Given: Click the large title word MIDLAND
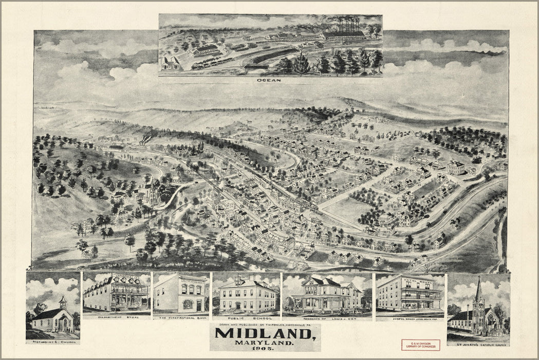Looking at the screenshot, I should pyautogui.click(x=265, y=334).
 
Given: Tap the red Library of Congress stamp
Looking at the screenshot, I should pyautogui.click(x=420, y=345).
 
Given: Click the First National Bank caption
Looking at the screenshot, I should pyautogui.click(x=181, y=318).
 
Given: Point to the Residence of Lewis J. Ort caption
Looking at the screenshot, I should pyautogui.click(x=327, y=318).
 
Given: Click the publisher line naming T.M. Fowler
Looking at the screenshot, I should pyautogui.click(x=265, y=325).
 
